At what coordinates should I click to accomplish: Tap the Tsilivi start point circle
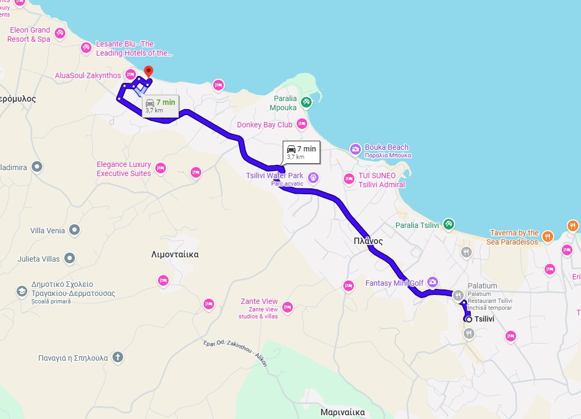pyautogui.click(x=469, y=319)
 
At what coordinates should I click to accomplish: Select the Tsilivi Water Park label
pyautogui.click(x=274, y=176)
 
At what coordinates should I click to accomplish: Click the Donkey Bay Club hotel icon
pyautogui.click(x=302, y=124)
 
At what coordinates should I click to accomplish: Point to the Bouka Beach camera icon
pyautogui.click(x=355, y=149)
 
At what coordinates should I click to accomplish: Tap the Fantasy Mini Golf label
pyautogui.click(x=394, y=283)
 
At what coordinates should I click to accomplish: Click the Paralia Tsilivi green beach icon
pyautogui.click(x=449, y=224)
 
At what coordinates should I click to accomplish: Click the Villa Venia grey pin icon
pyautogui.click(x=74, y=231)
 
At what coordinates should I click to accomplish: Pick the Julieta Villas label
pyautogui.click(x=38, y=259)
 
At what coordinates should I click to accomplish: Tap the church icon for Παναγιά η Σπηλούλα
pyautogui.click(x=118, y=357)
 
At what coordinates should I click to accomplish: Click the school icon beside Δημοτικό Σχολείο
pyautogui.click(x=21, y=291)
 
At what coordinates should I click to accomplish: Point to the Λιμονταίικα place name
pyautogui.click(x=175, y=255)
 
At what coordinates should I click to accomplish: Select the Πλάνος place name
pyautogui.click(x=368, y=241)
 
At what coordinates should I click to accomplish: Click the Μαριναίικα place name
pyautogui.click(x=343, y=412)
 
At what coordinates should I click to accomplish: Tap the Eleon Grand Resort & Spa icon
pyautogui.click(x=60, y=34)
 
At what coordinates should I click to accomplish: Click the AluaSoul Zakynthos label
pyautogui.click(x=88, y=75)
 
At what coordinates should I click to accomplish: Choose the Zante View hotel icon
pyautogui.click(x=288, y=307)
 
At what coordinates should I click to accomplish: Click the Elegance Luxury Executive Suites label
pyautogui.click(x=124, y=169)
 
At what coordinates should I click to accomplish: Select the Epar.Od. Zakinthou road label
pyautogui.click(x=235, y=353)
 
